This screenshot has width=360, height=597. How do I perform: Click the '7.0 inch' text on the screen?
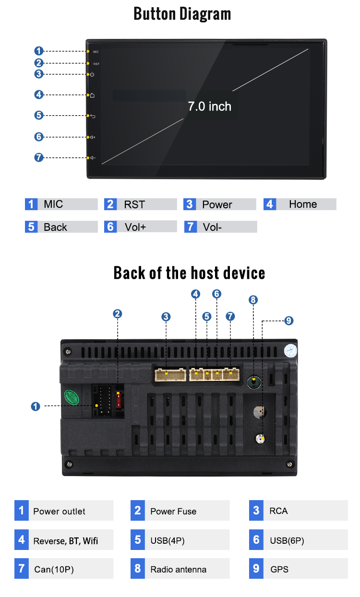coord(210,107)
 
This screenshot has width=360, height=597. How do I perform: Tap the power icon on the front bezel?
coord(92,74)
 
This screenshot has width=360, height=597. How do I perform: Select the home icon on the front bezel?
coord(92,95)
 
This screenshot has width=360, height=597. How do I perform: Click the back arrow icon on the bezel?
coord(93,116)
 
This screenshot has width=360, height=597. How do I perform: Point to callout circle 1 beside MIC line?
coord(39,51)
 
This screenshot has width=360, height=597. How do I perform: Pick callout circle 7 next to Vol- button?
coord(39,157)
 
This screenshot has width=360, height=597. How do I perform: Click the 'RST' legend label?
coord(134,205)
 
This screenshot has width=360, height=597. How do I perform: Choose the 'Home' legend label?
coord(303,204)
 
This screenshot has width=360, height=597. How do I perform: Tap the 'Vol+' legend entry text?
coord(135,227)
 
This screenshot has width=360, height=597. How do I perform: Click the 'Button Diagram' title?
coord(182,14)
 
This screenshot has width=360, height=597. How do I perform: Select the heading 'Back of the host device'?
coord(189,273)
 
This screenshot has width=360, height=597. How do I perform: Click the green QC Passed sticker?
coord(72,397)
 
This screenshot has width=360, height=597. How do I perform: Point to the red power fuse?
coord(119,400)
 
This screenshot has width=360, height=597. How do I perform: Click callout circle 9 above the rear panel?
coord(289,321)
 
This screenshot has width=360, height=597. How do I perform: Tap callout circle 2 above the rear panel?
coord(117,314)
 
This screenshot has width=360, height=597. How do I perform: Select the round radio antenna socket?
coord(254,382)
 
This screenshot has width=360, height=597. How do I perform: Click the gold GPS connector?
coord(260,439)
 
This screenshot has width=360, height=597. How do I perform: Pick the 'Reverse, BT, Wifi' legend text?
coord(66,541)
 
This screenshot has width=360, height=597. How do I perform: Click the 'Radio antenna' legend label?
coord(179,570)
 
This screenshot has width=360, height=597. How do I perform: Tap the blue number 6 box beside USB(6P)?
coord(256,540)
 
